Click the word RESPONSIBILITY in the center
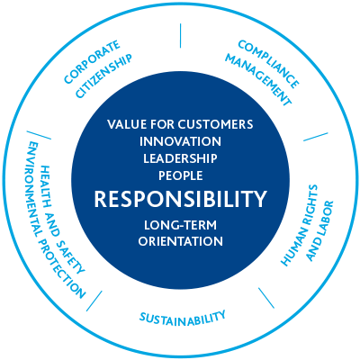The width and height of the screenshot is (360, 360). coord(180,199)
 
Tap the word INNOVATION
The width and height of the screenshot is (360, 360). coord(180,141)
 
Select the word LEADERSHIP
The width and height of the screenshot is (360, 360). coord(180,158)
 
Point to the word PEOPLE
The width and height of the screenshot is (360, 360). coord(181,175)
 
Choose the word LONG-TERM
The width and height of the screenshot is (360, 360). coord(180,225)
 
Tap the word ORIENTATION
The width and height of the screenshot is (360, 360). coord(181,241)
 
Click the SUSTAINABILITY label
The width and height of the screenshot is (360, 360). coord(183,318)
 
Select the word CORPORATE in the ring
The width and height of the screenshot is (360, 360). coord(93,62)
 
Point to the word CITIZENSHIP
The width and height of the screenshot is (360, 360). coord(103,76)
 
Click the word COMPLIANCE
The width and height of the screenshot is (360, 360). coord(268,64)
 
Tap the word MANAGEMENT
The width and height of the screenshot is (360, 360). coord(258,80)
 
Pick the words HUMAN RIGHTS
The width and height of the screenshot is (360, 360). coord(299,225)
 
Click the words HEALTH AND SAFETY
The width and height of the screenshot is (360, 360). coord(62,219)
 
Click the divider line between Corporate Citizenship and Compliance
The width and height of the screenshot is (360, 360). coord(180,36)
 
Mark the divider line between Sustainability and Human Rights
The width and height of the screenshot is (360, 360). coord(266,298)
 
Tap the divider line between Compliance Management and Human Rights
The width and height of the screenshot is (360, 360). coord(316,137)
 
